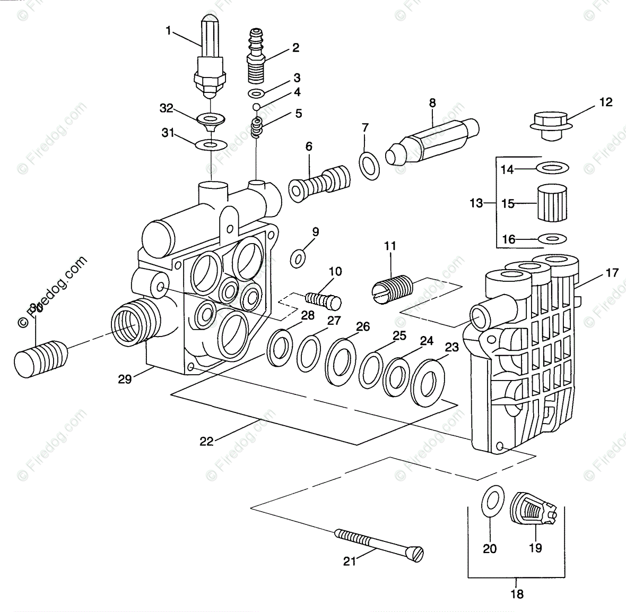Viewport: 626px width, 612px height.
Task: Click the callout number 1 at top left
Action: click(169, 31)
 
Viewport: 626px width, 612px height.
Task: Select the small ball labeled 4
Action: click(257, 107)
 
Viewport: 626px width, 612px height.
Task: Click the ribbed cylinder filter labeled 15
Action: click(552, 203)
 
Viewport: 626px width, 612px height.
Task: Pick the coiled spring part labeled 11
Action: click(392, 289)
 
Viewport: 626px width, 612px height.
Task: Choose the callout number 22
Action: click(206, 441)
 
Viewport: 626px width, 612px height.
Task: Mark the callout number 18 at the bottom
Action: click(516, 594)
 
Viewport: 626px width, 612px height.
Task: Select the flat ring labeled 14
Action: click(552, 168)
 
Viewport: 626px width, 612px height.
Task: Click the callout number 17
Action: click(612, 273)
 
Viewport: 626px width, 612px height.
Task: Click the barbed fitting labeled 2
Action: click(257, 60)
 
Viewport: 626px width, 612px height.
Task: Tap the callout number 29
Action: click(125, 380)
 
